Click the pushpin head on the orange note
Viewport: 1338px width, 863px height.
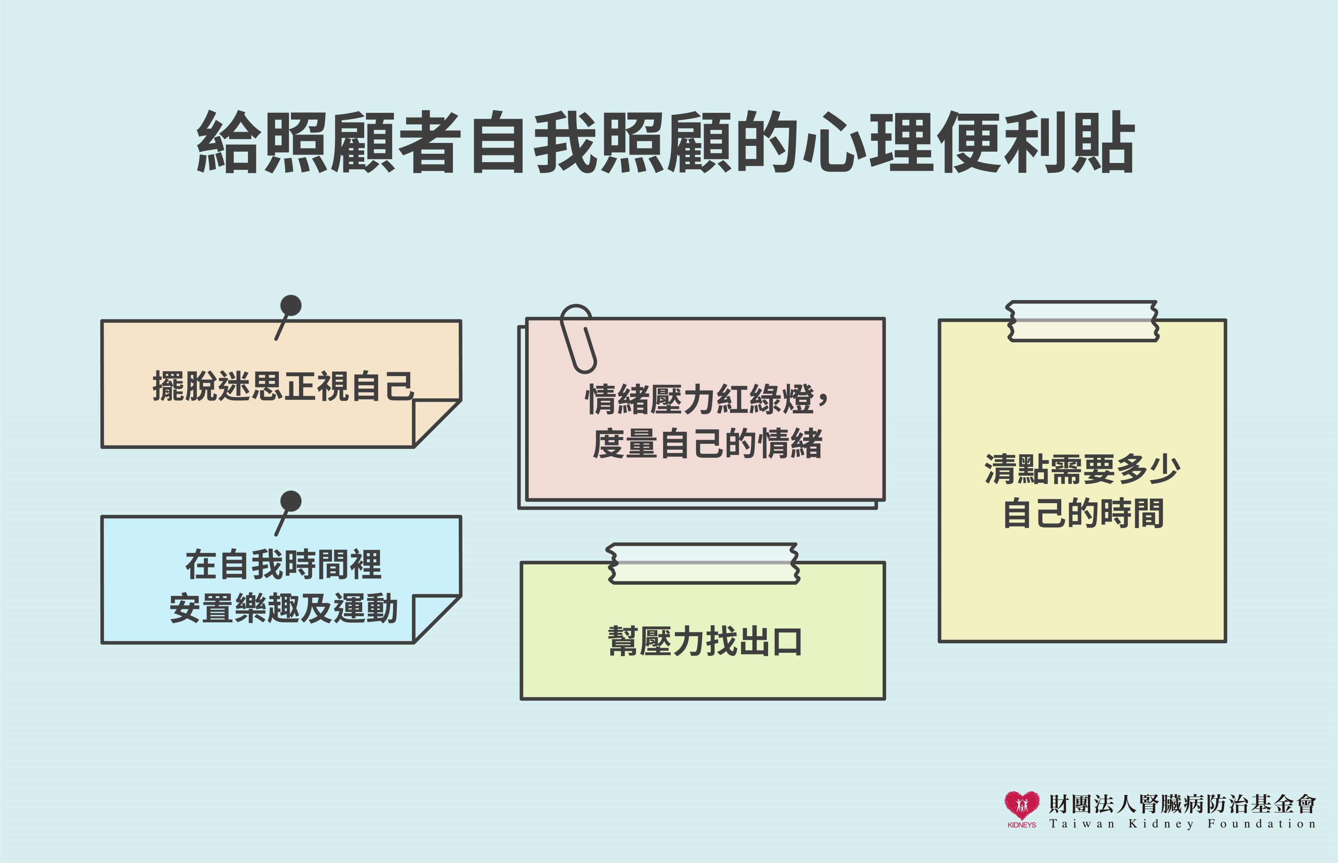(x=291, y=305)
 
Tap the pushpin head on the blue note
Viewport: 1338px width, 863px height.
(x=291, y=501)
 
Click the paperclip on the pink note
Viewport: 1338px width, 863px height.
(x=578, y=339)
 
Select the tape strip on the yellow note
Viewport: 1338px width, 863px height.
(x=1083, y=321)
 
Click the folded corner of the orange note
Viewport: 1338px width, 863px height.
(x=436, y=423)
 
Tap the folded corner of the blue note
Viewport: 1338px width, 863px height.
(x=436, y=619)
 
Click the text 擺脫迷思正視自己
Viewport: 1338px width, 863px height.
(x=283, y=386)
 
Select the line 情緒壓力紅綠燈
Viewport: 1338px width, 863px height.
(x=700, y=400)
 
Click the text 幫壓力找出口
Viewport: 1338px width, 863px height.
(x=705, y=641)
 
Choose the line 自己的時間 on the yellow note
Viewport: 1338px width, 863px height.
(x=1083, y=513)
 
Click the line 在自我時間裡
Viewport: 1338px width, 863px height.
(x=283, y=565)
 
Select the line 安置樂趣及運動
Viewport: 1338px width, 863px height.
(x=283, y=608)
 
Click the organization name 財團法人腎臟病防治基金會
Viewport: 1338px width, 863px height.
(x=1182, y=804)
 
